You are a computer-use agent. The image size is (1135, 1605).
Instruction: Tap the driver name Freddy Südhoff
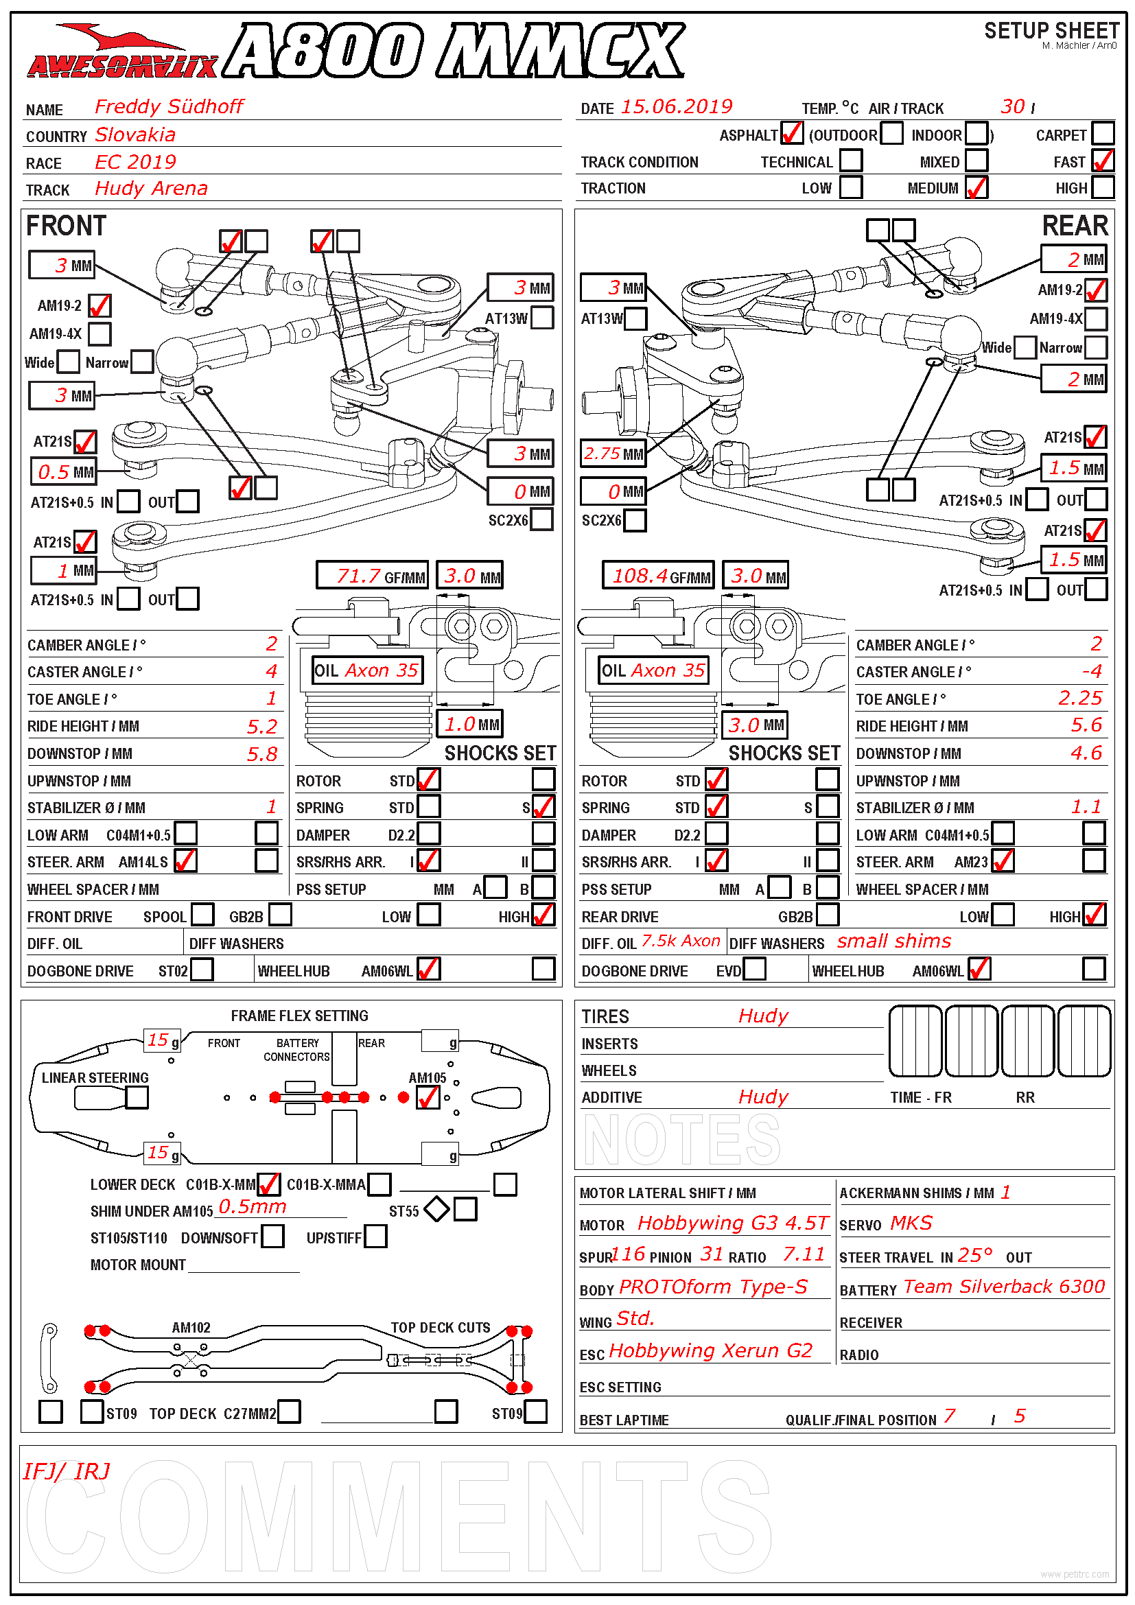[169, 107]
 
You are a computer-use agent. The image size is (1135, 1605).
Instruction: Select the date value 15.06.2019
[676, 107]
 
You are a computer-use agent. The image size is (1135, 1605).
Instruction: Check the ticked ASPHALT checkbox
[792, 133]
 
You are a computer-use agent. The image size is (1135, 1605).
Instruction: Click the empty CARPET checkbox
[1103, 133]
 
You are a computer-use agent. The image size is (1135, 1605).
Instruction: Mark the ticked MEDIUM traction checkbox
[976, 187]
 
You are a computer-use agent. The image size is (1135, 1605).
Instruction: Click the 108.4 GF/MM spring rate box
[657, 576]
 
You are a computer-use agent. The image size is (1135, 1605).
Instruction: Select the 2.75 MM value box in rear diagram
[613, 454]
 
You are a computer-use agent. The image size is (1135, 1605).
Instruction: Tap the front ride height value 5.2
[262, 727]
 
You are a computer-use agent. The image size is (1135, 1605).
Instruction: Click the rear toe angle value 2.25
[1080, 699]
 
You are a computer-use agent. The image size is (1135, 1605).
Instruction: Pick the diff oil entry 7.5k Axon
[680, 941]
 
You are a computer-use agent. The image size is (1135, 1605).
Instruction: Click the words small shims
[894, 941]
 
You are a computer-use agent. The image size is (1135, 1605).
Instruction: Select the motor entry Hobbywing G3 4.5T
[732, 1223]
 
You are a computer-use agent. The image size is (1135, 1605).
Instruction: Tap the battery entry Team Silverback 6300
[1004, 1287]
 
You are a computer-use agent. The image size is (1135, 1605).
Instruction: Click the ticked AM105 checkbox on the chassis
[428, 1097]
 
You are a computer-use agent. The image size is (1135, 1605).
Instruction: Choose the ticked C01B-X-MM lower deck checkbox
[268, 1184]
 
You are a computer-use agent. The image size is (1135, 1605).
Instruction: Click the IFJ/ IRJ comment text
[67, 1472]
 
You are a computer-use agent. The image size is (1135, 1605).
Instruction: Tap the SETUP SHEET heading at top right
[1051, 32]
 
